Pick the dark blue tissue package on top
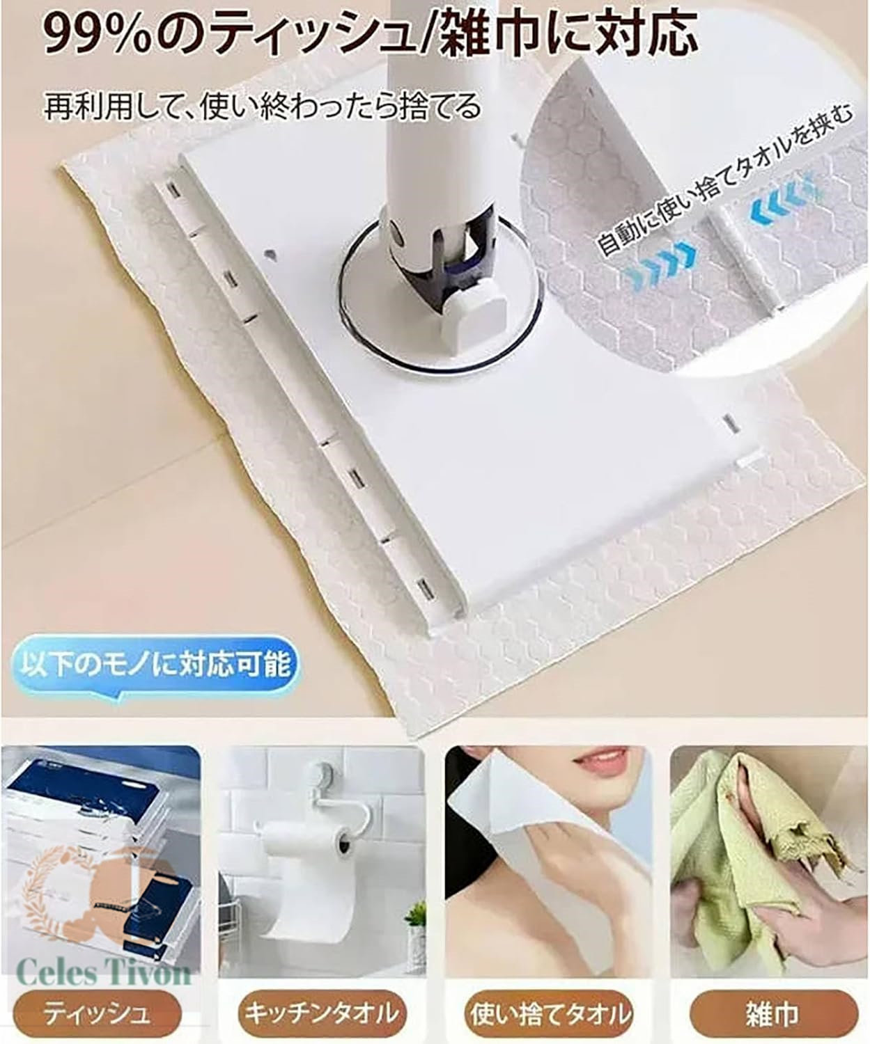[x=100, y=780]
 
